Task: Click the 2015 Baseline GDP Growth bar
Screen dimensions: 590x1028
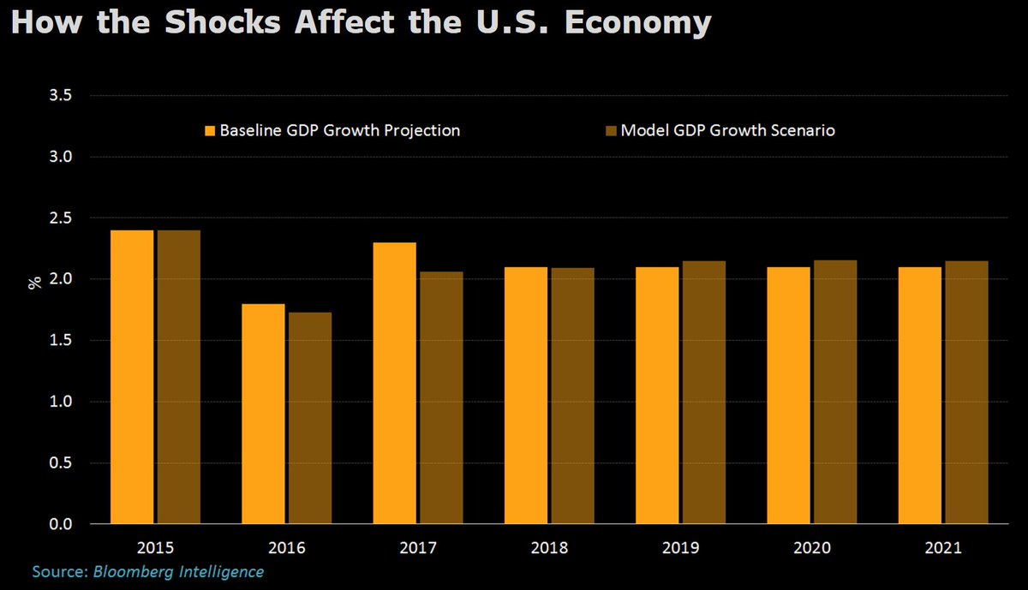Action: pyautogui.click(x=131, y=377)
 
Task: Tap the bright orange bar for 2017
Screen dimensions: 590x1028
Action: pyautogui.click(x=394, y=383)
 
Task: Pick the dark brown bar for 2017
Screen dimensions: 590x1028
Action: pyautogui.click(x=440, y=397)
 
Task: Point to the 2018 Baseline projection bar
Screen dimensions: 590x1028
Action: pyautogui.click(x=525, y=395)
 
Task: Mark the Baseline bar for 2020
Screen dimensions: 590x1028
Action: pyautogui.click(x=788, y=395)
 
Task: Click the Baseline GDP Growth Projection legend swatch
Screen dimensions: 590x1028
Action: pyautogui.click(x=209, y=131)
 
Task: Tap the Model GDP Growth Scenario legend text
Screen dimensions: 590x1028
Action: pyautogui.click(x=727, y=131)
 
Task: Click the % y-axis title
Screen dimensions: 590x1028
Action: pyautogui.click(x=35, y=282)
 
